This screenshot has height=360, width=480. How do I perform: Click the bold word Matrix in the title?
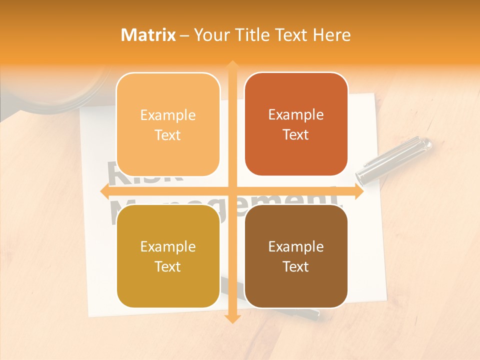pos(148,35)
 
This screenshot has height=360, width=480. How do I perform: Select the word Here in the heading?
pos(331,35)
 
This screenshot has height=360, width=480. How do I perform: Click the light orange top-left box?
pos(168,124)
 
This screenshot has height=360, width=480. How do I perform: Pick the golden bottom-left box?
pos(168,256)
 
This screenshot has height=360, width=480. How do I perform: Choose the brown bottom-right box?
pos(296,256)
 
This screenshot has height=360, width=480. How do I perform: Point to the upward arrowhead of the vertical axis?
pos(232,65)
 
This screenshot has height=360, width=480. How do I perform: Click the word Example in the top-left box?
pos(168,115)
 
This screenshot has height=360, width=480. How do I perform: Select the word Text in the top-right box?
pos(296,135)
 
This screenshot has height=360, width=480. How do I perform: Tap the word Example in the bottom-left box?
pos(168,247)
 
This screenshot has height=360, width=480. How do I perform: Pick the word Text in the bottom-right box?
pos(296,267)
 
